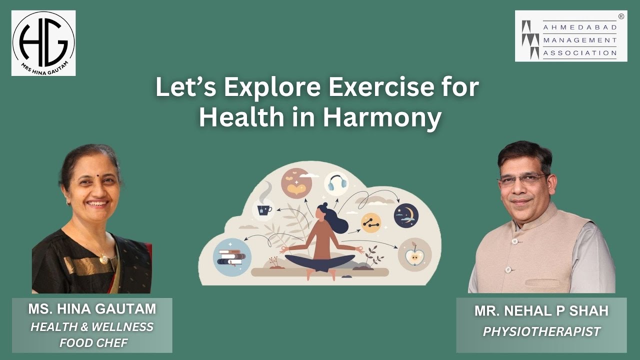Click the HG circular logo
click(43, 43)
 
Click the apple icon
click(414, 255)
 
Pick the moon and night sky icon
click(405, 215)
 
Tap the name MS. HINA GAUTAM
click(92, 309)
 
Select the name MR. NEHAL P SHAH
click(541, 311)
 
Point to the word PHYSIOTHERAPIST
click(541, 331)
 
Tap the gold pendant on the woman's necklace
click(103, 258)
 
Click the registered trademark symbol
click(621, 16)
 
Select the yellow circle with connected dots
click(370, 223)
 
